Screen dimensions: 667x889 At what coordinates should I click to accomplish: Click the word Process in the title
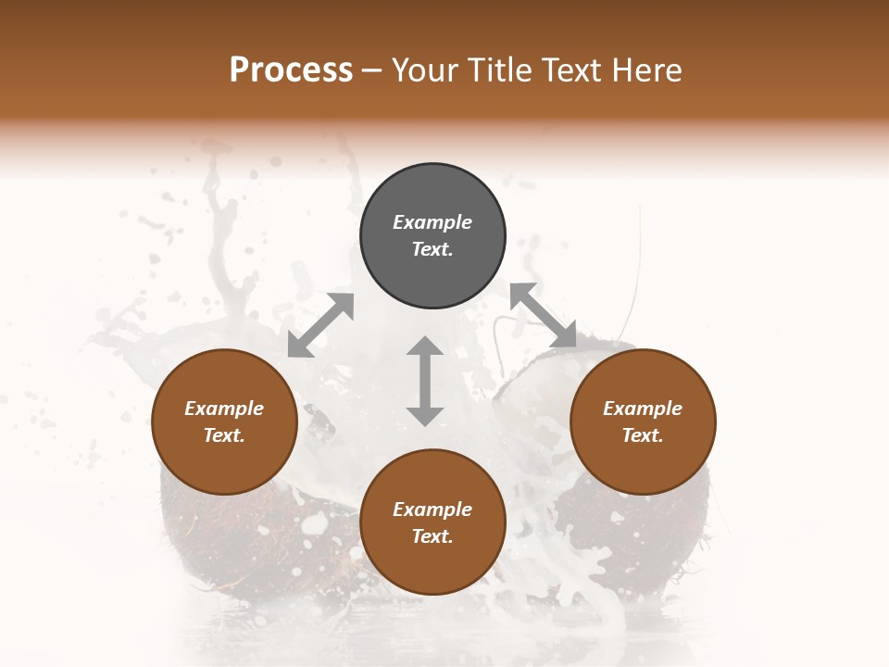pos(291,70)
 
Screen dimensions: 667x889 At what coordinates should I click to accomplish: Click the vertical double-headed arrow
pos(425,381)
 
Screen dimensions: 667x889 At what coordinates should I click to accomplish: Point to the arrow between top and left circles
pos(320,325)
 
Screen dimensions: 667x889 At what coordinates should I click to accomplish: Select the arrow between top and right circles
pos(544,316)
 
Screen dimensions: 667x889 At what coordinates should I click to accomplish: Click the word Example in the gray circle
pos(432,222)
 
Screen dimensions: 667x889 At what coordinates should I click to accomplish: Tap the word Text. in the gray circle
pos(432,249)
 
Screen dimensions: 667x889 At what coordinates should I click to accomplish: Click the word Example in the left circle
pos(224,409)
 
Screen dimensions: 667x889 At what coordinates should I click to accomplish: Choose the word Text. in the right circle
pos(643,435)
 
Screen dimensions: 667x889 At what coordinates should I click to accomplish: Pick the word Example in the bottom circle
pos(432,510)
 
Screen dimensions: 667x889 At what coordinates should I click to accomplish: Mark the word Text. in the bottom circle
pos(432,536)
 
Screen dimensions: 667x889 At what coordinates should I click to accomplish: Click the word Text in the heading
pos(570,70)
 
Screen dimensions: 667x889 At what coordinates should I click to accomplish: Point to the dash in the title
pos(371,71)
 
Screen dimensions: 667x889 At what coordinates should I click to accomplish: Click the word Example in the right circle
pos(643,409)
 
